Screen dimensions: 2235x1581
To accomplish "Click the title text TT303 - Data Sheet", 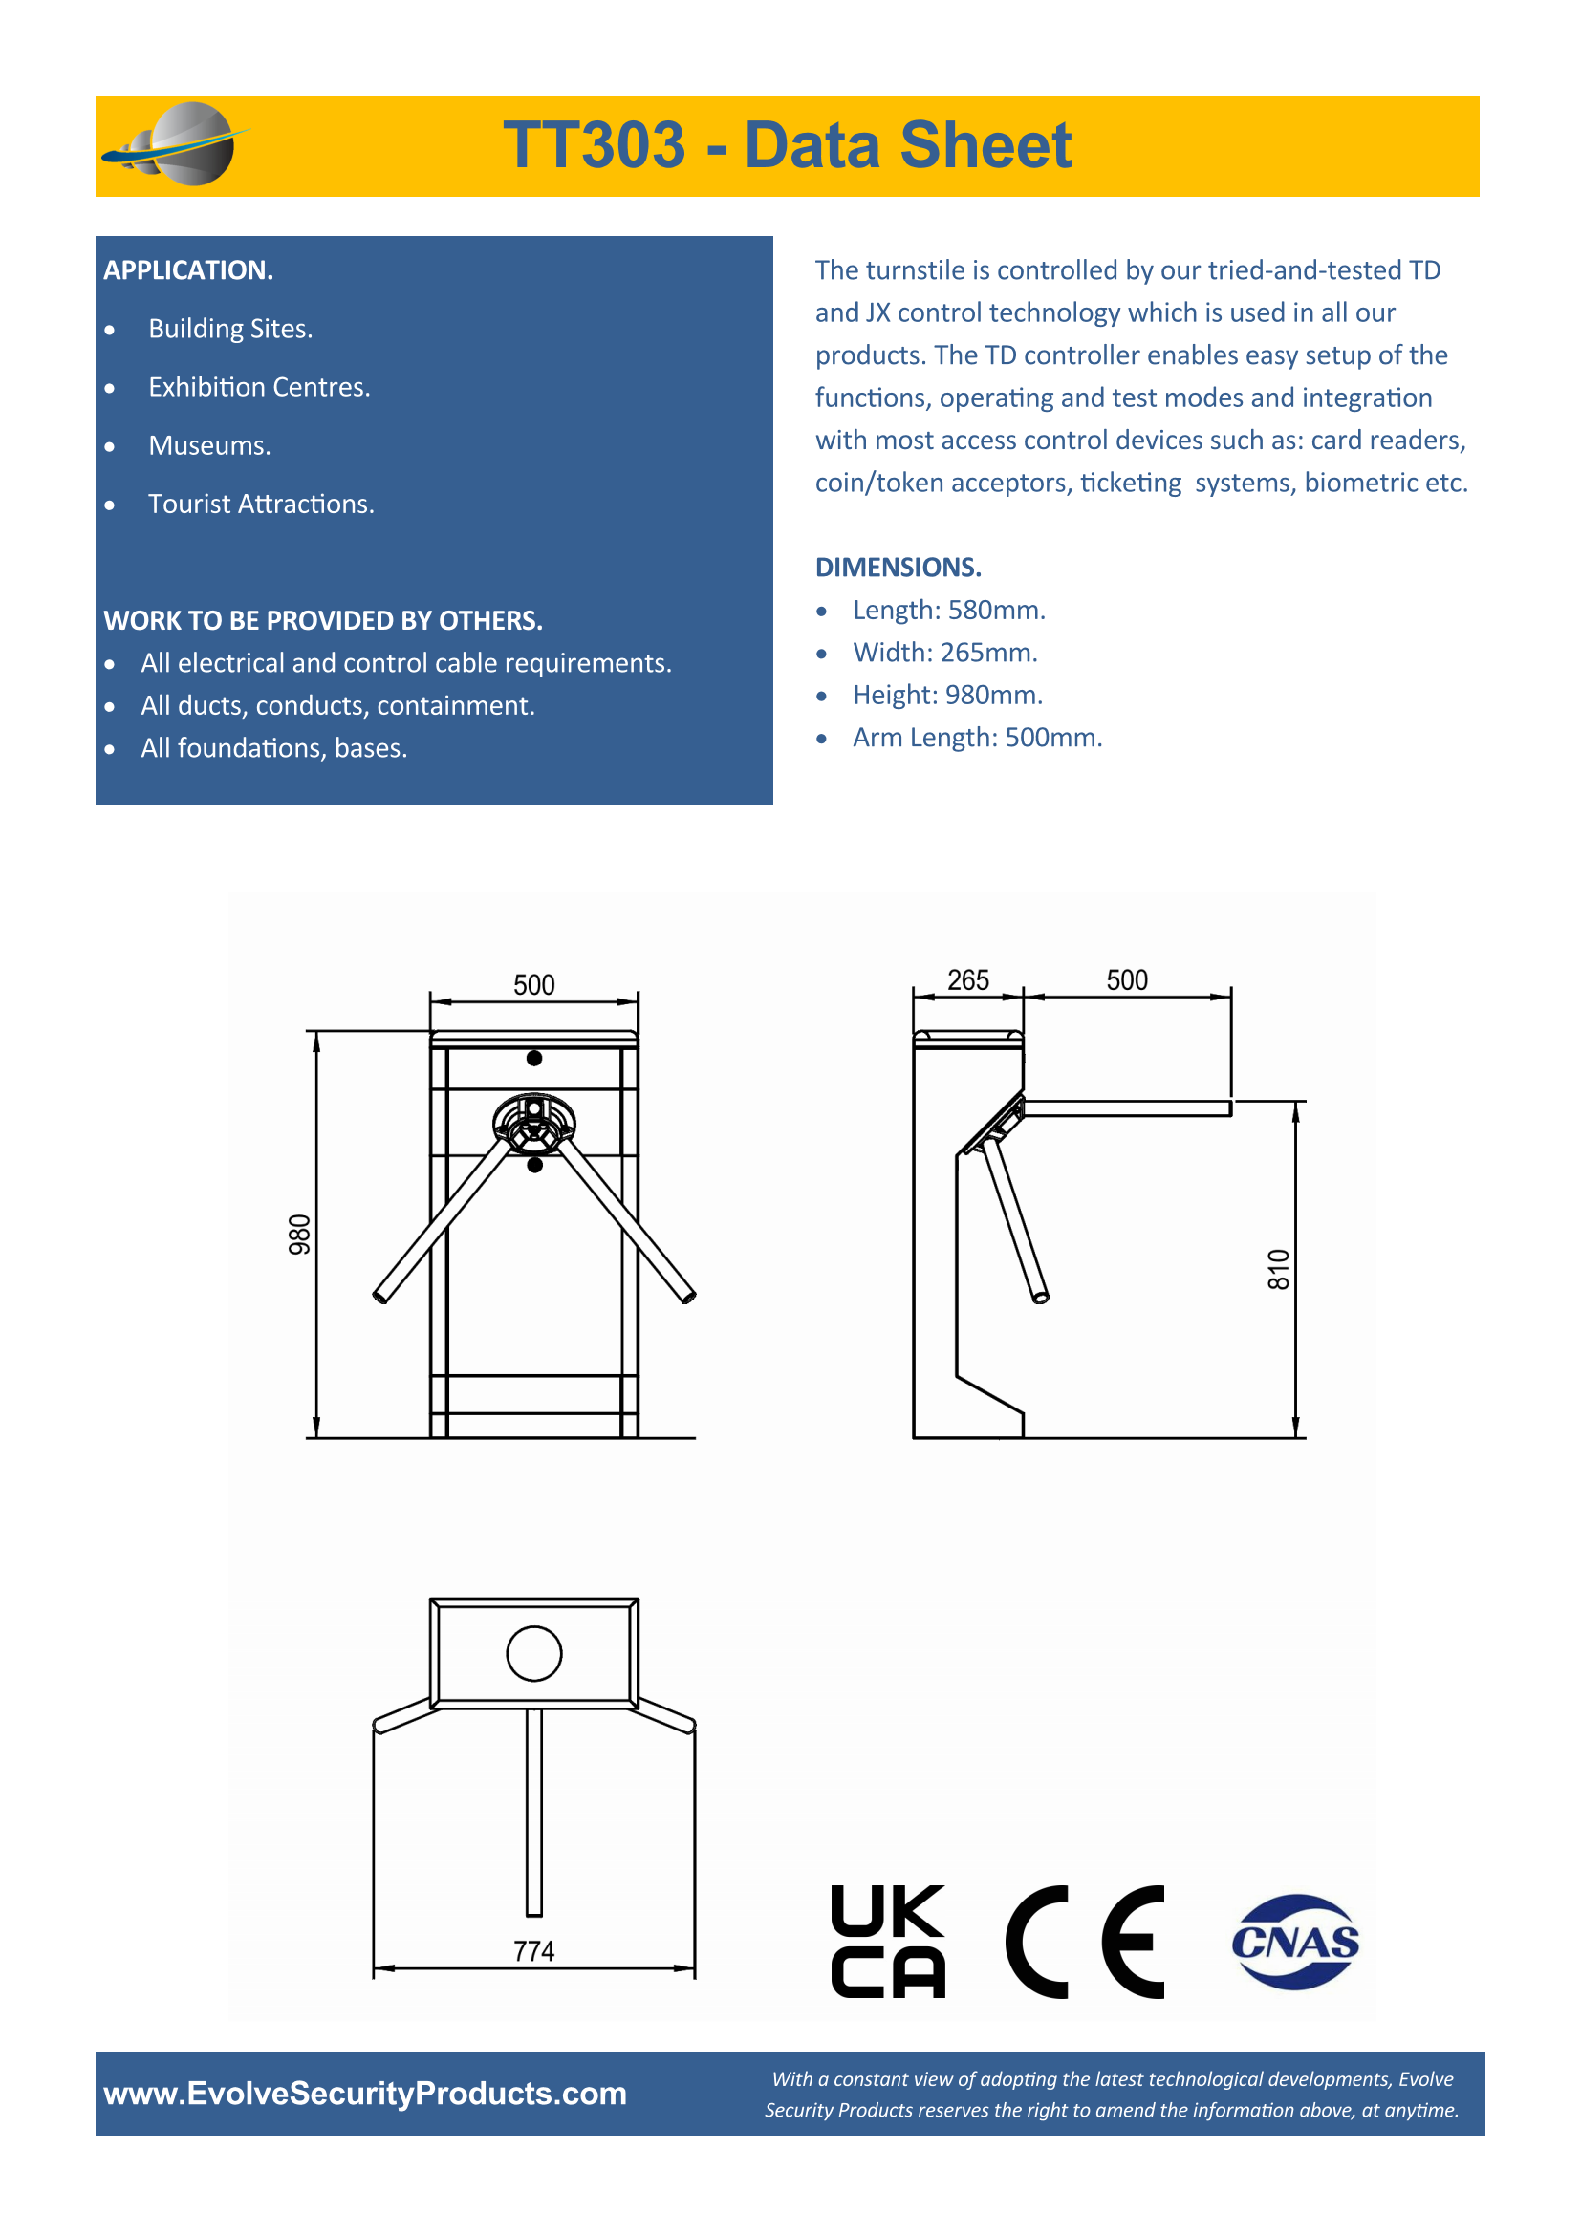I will click(x=787, y=146).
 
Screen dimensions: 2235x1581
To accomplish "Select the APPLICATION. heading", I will click(x=188, y=269).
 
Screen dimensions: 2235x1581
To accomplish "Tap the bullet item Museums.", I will click(x=209, y=446).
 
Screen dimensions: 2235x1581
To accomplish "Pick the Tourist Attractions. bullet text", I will click(x=261, y=505).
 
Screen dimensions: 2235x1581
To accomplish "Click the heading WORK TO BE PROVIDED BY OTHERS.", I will click(x=323, y=620).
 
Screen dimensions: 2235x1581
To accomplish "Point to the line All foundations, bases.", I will click(x=273, y=747).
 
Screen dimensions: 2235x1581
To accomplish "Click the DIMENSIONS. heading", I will click(x=898, y=567).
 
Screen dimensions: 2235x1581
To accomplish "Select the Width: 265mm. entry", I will click(x=944, y=653).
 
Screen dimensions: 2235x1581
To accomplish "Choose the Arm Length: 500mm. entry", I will click(x=977, y=737).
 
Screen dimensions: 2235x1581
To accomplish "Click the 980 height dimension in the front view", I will click(x=300, y=1235).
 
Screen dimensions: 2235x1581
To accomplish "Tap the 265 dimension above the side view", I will click(x=967, y=980).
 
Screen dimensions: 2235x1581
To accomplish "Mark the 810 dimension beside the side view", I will click(x=1278, y=1269).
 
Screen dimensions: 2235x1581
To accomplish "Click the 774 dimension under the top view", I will click(x=533, y=1951).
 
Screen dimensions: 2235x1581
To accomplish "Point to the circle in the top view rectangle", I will click(x=533, y=1653).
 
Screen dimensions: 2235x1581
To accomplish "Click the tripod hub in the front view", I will click(x=533, y=1124).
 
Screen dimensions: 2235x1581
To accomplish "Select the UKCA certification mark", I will click(x=887, y=1942).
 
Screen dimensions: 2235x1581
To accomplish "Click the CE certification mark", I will click(x=1085, y=1942).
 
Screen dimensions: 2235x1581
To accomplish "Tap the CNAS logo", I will click(x=1295, y=1942).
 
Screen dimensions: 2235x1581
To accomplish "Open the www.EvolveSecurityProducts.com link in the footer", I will click(x=365, y=2093).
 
